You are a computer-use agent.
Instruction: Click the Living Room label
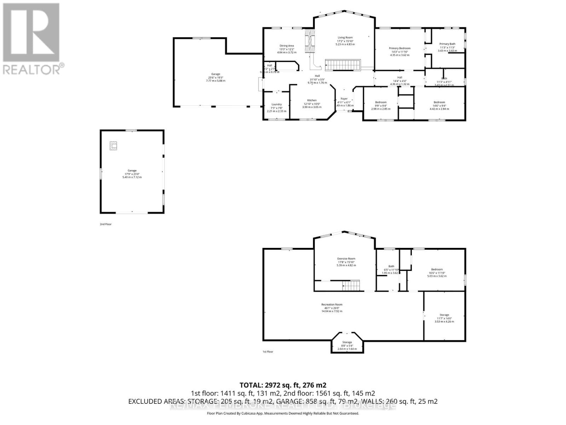tap(345, 38)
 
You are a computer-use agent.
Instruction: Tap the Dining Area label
tap(287, 46)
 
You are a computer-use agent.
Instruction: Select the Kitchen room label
tap(312, 100)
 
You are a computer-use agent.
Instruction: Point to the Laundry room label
tap(276, 104)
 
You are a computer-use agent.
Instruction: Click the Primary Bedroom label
tap(399, 48)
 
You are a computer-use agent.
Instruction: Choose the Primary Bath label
tap(447, 44)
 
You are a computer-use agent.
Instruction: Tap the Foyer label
tap(344, 99)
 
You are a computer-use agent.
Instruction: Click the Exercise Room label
tap(346, 259)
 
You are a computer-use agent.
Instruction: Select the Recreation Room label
tap(331, 305)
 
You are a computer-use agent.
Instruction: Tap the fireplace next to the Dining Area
tap(310, 41)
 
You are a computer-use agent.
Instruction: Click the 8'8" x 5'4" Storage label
tap(347, 342)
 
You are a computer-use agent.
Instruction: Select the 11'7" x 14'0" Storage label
tap(444, 315)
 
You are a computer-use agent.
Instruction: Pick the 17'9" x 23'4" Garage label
tap(132, 171)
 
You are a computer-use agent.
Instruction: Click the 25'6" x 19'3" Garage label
tap(215, 74)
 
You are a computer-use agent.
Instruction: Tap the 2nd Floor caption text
tap(105, 224)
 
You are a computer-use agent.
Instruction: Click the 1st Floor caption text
tap(267, 352)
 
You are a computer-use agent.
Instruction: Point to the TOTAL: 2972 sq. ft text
tap(283, 385)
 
